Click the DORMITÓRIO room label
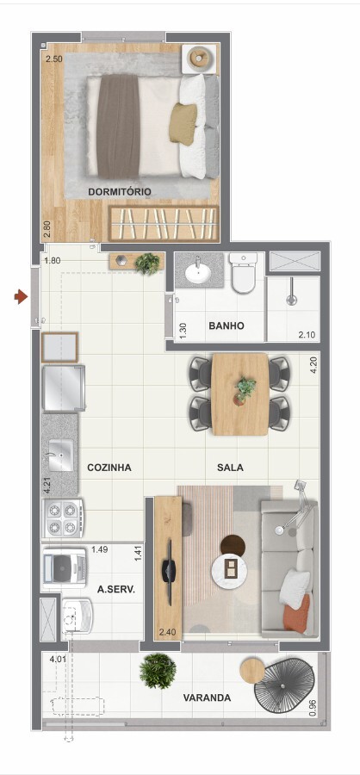120,192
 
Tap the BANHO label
227,325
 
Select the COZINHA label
109,467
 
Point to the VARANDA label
207,697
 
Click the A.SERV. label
116,589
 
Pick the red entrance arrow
21,297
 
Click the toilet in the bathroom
243,273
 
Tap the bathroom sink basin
199,272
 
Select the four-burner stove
63,518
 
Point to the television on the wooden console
168,573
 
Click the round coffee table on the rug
229,567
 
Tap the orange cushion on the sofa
297,614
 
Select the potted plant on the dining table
245,390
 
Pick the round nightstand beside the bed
201,59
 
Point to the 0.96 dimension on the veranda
312,709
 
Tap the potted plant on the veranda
158,671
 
